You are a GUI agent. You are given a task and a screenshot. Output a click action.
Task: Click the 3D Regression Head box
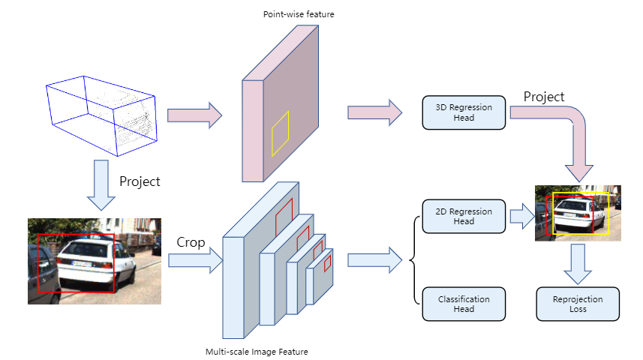[x=464, y=112]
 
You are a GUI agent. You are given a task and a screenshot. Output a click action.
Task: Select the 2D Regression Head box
[x=464, y=216]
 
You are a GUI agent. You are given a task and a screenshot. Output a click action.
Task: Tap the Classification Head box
[x=464, y=304]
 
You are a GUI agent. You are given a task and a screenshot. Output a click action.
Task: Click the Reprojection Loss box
[x=578, y=304]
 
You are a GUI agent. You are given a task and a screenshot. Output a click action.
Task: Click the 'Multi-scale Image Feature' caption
[x=256, y=351]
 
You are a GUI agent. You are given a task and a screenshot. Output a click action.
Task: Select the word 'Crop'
[x=191, y=242]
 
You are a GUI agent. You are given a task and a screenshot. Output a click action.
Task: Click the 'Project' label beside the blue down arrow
[x=140, y=181]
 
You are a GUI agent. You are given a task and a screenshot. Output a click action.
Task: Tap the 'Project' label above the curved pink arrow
[x=544, y=97]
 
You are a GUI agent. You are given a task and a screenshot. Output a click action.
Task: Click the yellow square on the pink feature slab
[x=280, y=133]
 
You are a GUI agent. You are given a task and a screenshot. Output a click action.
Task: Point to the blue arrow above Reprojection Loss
[x=578, y=263]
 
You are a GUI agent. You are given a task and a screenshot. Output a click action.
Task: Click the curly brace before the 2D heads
[x=412, y=260]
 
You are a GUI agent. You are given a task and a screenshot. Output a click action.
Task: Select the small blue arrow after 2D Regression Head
[x=521, y=216]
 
